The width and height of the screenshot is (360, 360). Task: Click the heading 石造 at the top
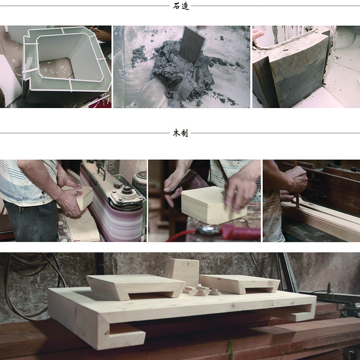tap(181, 6)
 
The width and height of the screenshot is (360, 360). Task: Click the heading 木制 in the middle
tap(181, 133)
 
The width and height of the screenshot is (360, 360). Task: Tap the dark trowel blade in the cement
tap(191, 44)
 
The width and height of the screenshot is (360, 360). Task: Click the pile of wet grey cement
tap(181, 71)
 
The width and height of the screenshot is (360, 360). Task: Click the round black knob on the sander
tap(126, 190)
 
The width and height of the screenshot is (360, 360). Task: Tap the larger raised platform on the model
tap(136, 287)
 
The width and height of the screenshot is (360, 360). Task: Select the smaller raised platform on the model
tap(240, 284)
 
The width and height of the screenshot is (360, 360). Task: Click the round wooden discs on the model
tap(202, 290)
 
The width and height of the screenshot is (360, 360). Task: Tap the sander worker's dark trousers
tap(31, 221)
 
